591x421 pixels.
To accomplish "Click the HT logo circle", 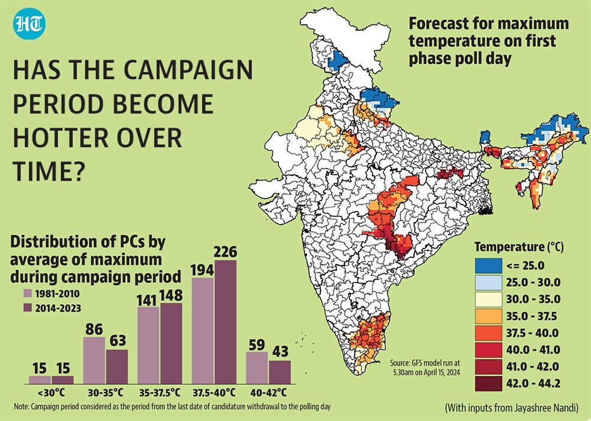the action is pyautogui.click(x=30, y=24).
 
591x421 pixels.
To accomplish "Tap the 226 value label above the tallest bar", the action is pyautogui.click(x=225, y=252).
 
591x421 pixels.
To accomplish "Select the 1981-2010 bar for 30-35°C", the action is pyautogui.click(x=94, y=360).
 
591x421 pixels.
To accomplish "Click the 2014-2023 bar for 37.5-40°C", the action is pyautogui.click(x=225, y=322).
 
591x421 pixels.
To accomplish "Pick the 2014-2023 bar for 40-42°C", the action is pyautogui.click(x=280, y=372).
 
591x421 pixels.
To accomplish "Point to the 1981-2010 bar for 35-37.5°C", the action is pyautogui.click(x=148, y=345).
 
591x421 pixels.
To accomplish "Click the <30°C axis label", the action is pyautogui.click(x=51, y=393).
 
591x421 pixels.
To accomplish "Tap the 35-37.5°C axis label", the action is pyautogui.click(x=160, y=393).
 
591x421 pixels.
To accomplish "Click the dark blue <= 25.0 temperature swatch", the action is pyautogui.click(x=489, y=265).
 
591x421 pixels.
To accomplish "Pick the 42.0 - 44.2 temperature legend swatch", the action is pyautogui.click(x=489, y=383).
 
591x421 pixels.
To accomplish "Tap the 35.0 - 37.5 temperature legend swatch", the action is pyautogui.click(x=489, y=316).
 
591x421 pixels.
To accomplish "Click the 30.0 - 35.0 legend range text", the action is pyautogui.click(x=533, y=299).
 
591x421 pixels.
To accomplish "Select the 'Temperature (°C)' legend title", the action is pyautogui.click(x=519, y=247).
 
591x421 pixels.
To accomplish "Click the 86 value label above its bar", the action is pyautogui.click(x=94, y=329).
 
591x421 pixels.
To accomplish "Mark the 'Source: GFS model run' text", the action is pyautogui.click(x=425, y=363).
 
